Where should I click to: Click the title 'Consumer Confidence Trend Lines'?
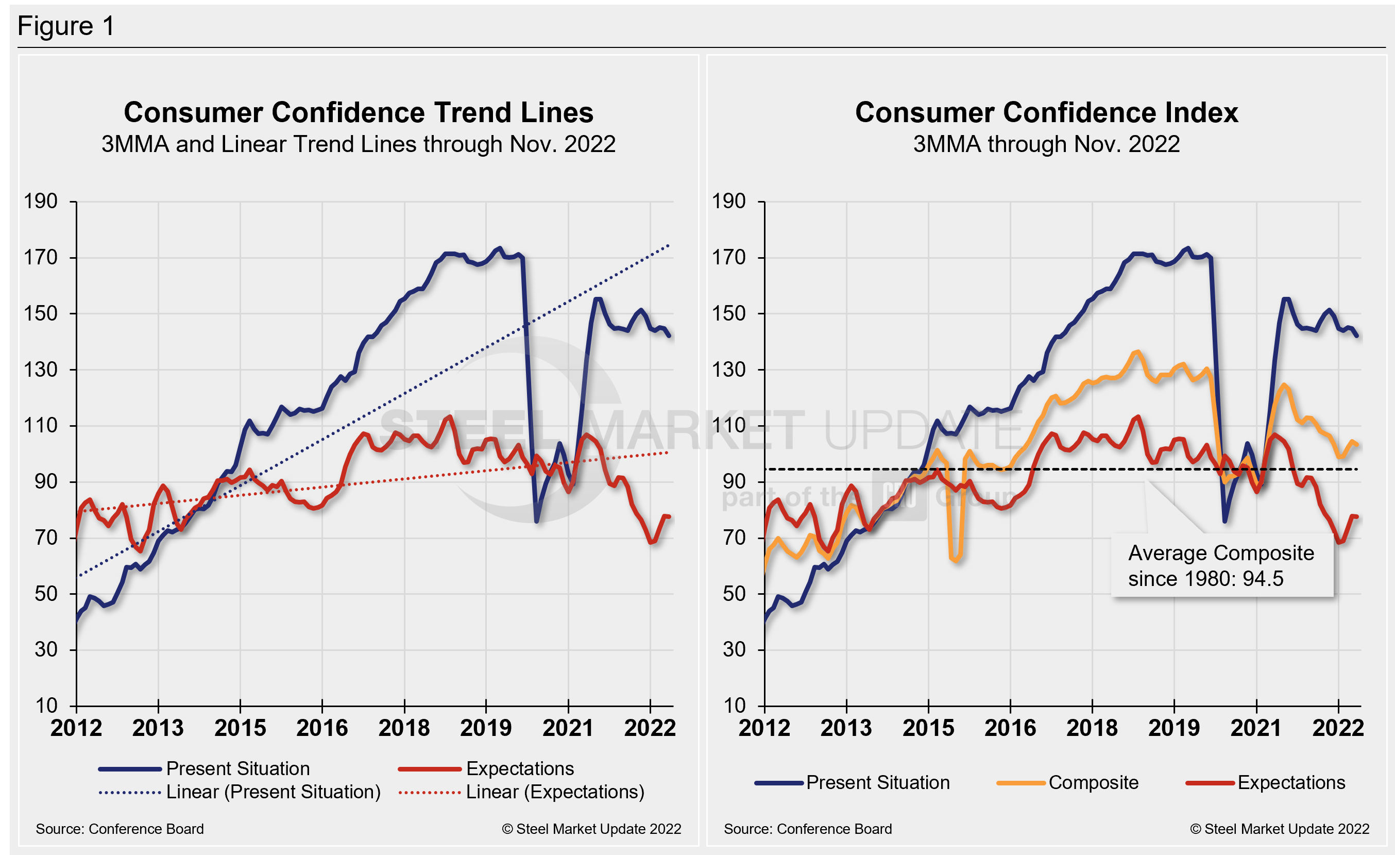click(x=359, y=112)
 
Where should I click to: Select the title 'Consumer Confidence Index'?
click(x=1046, y=112)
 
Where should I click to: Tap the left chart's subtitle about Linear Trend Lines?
click(x=359, y=144)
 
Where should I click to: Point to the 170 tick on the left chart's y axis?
click(x=40, y=258)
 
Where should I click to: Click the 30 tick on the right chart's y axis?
click(x=734, y=649)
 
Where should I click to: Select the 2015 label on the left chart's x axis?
click(x=240, y=728)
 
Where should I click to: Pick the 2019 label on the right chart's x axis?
click(x=1173, y=728)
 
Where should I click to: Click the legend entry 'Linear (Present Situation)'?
click(x=273, y=792)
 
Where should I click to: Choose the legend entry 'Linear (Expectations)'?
click(x=555, y=792)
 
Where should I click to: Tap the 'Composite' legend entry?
click(x=1093, y=782)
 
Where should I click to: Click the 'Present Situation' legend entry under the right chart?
click(x=877, y=782)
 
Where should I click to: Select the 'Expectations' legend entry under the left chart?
click(x=520, y=768)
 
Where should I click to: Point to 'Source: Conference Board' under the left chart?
click(x=120, y=829)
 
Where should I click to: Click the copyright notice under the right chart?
click(x=1280, y=829)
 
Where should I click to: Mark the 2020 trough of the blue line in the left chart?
click(x=536, y=521)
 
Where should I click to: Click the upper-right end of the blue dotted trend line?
click(x=669, y=246)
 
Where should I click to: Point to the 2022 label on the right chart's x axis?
click(x=1338, y=728)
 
